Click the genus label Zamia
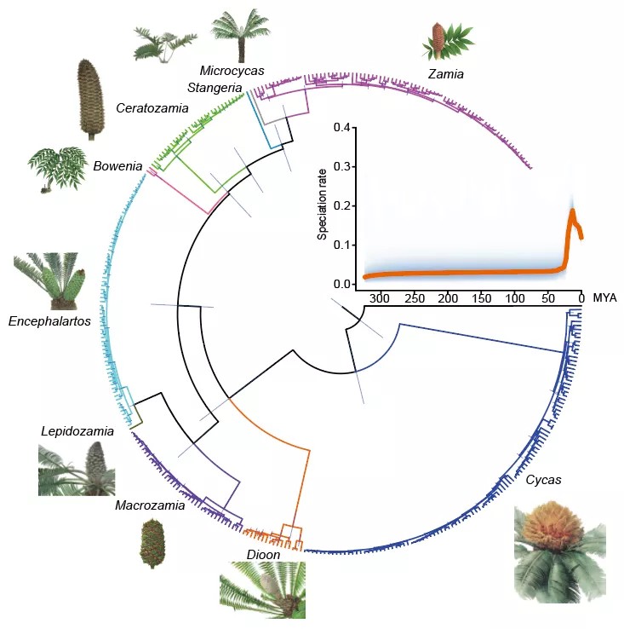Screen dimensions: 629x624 point(446,75)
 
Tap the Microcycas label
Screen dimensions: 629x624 point(232,70)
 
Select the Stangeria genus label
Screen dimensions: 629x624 point(215,87)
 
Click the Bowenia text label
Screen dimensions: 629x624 point(117,166)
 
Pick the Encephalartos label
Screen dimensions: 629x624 point(49,321)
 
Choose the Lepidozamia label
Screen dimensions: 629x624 point(77,431)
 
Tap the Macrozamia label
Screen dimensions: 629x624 point(150,505)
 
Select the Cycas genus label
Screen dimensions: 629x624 point(543,480)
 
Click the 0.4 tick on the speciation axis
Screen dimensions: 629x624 point(341,128)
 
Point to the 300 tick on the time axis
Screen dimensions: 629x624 point(380,298)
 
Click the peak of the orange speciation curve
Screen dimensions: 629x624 point(573,211)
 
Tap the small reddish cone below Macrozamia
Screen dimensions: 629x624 point(150,543)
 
